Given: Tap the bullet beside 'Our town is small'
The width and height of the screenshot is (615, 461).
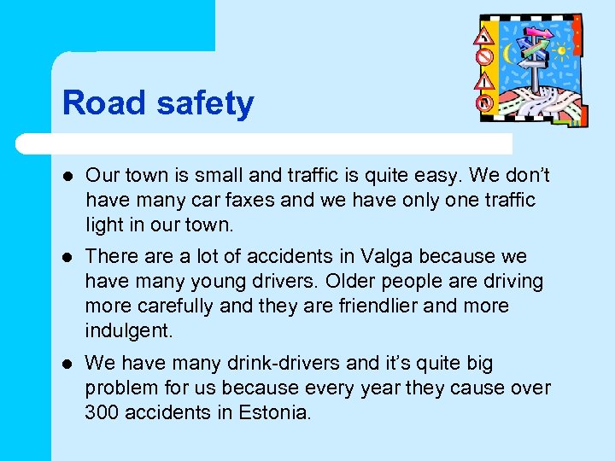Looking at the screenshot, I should click(x=67, y=176).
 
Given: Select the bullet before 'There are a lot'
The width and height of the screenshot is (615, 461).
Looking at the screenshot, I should click(x=67, y=257).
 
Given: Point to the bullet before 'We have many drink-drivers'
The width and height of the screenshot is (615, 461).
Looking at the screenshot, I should click(x=67, y=364).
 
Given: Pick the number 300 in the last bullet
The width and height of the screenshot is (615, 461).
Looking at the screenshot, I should click(x=102, y=412).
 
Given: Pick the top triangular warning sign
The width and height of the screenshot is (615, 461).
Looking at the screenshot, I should click(x=484, y=36).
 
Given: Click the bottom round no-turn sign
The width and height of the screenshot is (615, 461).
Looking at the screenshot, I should click(x=484, y=102).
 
